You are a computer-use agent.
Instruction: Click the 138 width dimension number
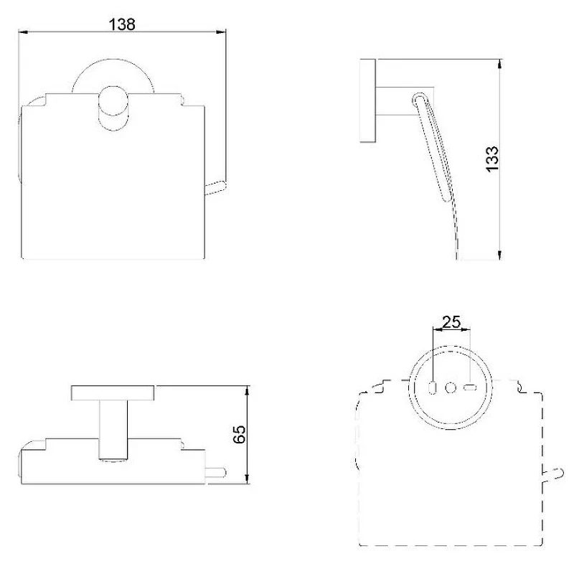tap(122, 24)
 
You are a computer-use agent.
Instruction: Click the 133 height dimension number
tap(492, 159)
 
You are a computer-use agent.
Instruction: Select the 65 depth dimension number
tap(240, 434)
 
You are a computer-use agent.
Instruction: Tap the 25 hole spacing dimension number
tap(451, 322)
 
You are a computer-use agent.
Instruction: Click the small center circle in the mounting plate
tap(451, 387)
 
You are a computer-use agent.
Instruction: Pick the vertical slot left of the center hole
tap(433, 387)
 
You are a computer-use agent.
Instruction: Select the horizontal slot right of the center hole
tap(470, 387)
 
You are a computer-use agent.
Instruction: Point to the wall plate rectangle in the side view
tap(367, 100)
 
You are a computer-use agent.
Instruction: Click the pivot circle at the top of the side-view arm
tap(420, 99)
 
